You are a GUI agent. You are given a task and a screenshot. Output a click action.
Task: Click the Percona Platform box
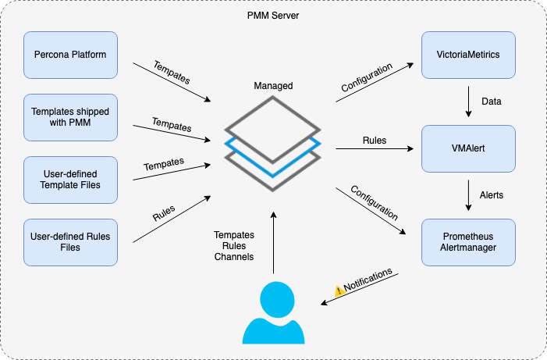click(70, 55)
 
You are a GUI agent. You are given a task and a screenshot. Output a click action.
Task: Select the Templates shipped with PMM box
click(70, 117)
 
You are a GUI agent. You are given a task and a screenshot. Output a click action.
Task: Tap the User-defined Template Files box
click(70, 180)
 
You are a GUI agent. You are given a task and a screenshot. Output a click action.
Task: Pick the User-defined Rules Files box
click(70, 241)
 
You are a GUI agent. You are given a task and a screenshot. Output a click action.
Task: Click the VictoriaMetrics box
click(468, 55)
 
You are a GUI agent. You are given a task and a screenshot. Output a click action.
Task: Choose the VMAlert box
click(468, 148)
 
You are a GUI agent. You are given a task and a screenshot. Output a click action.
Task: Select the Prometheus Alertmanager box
click(468, 241)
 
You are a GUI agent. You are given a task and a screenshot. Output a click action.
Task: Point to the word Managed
click(273, 86)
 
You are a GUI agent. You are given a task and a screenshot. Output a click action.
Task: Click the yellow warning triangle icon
click(339, 290)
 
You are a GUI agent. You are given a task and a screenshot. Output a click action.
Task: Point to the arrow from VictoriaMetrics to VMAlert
click(468, 102)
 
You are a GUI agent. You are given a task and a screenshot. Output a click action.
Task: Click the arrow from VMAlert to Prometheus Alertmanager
click(468, 195)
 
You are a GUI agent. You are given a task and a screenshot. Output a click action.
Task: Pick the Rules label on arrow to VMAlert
click(374, 141)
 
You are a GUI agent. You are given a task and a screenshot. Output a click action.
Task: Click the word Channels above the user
click(234, 256)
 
